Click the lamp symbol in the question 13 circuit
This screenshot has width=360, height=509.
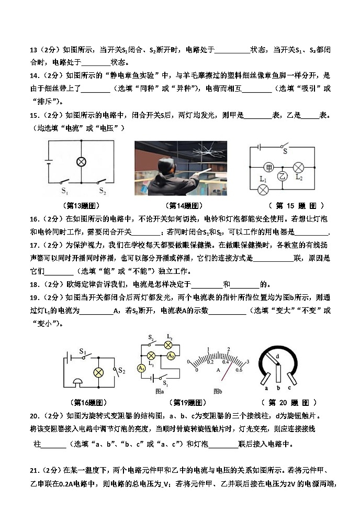pyautogui.click(x=81, y=162)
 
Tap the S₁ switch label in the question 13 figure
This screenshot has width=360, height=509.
pyautogui.click(x=65, y=190)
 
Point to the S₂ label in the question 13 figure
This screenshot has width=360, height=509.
pyautogui.click(x=103, y=190)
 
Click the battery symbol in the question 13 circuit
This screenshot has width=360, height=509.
pyautogui.click(x=49, y=162)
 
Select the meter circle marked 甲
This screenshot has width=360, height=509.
pyautogui.click(x=269, y=168)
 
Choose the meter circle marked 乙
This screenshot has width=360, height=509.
pyautogui.click(x=283, y=176)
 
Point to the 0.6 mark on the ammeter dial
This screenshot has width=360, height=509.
pyautogui.click(x=238, y=370)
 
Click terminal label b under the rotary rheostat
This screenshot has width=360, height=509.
pyautogui.click(x=278, y=388)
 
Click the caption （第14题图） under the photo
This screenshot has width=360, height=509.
pyautogui.click(x=184, y=206)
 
